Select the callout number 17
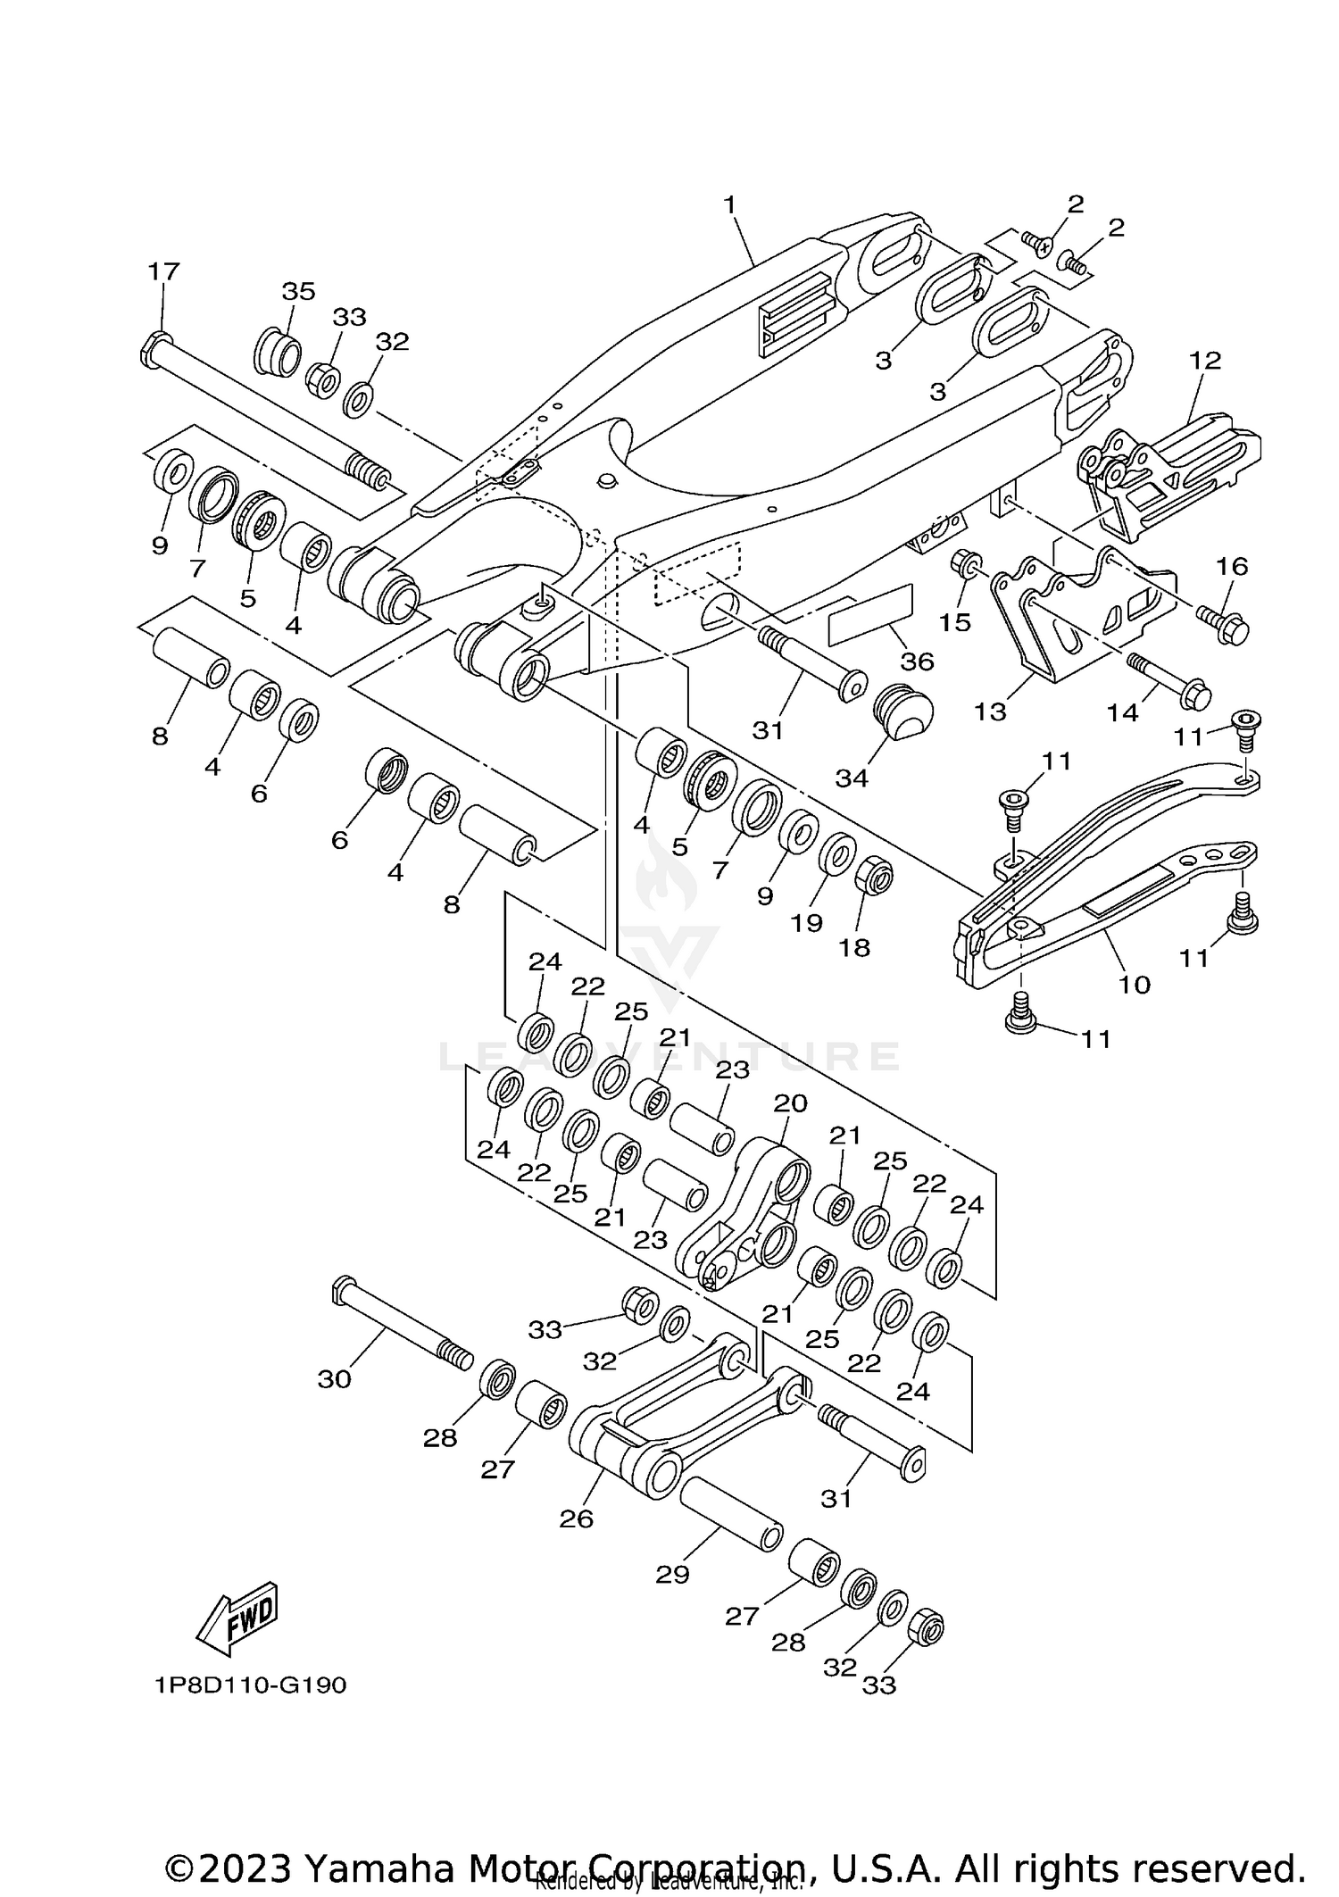click(163, 270)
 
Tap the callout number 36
click(917, 661)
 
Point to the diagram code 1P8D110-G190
click(250, 1685)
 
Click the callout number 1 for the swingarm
click(729, 204)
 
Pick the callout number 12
click(1205, 361)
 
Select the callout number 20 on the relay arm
click(790, 1103)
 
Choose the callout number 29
click(672, 1575)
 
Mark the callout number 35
click(299, 291)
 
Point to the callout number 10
click(1135, 985)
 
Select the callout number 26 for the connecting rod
click(576, 1518)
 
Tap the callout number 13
click(990, 711)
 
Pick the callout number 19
click(806, 922)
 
